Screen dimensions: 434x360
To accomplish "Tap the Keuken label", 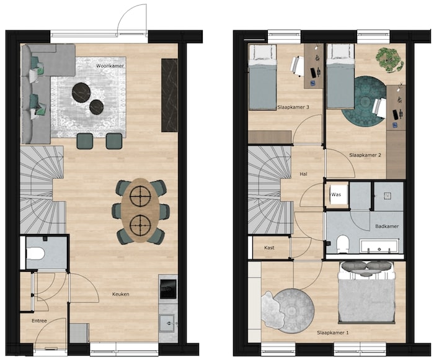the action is (x=121, y=294).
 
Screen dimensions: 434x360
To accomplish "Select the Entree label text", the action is (x=39, y=321).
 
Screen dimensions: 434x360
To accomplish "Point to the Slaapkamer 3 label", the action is (x=293, y=107).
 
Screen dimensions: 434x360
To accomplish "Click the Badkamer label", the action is (x=387, y=226).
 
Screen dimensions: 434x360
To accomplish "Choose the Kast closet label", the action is (x=269, y=248).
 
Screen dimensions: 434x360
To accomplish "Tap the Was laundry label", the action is (x=336, y=194).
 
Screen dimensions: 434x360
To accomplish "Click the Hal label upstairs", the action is (x=303, y=174).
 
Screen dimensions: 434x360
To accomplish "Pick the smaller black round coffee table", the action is (x=97, y=107).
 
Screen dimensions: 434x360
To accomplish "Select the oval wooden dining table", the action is (x=140, y=210).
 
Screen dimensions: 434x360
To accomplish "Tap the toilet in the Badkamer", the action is (x=343, y=244).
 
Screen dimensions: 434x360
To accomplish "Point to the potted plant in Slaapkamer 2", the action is (x=389, y=60).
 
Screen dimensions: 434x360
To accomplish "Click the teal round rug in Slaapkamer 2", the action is (x=363, y=97).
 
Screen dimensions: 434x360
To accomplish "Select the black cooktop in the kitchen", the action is (x=168, y=289).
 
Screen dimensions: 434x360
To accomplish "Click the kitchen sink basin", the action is (x=167, y=323).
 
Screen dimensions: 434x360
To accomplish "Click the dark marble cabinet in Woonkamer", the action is (x=169, y=95).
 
